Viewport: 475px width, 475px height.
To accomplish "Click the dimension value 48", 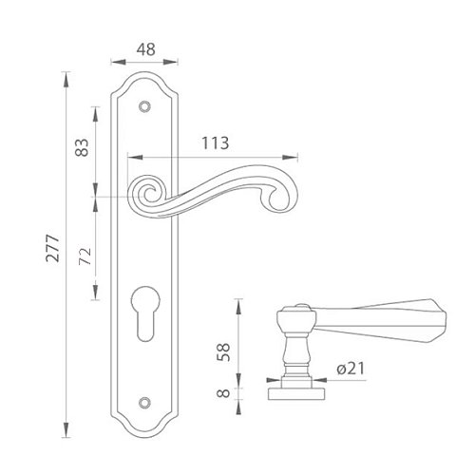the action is [146, 49].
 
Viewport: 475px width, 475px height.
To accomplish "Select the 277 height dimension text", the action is [52, 248].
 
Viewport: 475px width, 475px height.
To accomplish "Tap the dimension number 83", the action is [82, 147].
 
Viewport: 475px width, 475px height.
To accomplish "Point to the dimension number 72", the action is [85, 256].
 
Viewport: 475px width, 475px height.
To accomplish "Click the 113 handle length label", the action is [216, 142].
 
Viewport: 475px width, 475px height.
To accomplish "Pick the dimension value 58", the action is [223, 351].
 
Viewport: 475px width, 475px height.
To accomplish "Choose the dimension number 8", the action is [223, 393].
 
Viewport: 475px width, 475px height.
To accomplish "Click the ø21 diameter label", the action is [351, 369].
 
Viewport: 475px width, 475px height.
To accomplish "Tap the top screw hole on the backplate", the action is [144, 106].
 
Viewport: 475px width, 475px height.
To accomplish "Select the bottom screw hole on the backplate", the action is [144, 402].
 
